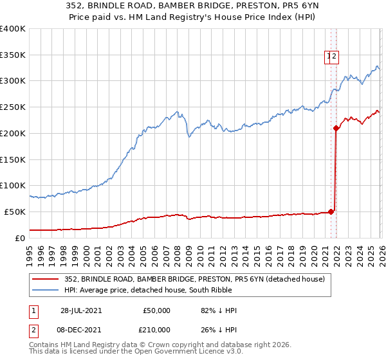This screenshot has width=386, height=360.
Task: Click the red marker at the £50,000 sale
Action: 331,211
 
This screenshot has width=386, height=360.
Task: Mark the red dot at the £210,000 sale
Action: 336,128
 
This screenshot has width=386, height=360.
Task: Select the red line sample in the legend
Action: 46,278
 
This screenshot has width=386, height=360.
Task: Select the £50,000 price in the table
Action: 156,310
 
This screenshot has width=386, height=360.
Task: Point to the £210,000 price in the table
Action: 154,330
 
